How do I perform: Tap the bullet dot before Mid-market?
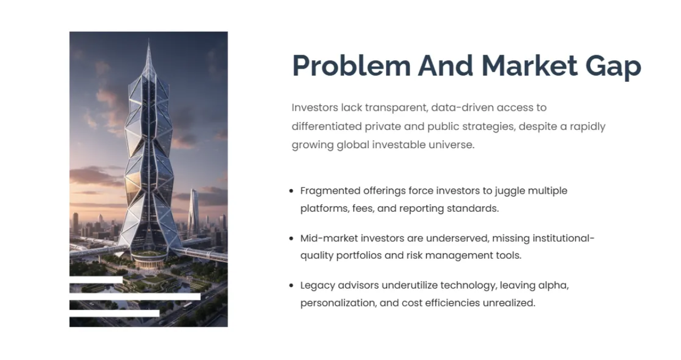click(292, 238)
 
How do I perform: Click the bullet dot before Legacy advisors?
click(292, 286)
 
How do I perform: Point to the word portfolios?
click(358, 256)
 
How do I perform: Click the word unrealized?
click(508, 303)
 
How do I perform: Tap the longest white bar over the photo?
click(135, 296)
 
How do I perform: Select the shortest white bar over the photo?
click(96, 280)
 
